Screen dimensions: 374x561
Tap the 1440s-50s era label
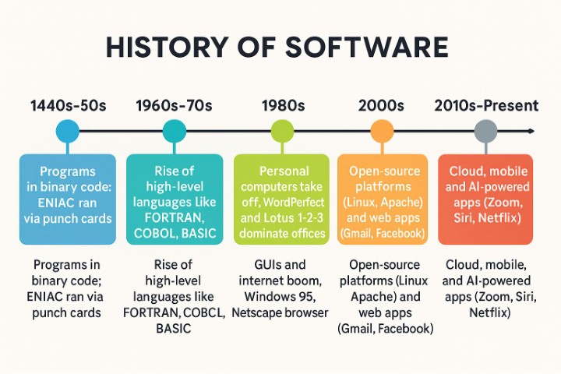(68, 104)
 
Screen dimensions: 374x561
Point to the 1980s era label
(284, 104)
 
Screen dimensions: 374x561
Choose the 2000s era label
(382, 104)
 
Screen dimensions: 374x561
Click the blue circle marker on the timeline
(68, 131)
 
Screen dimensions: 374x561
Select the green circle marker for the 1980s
(282, 131)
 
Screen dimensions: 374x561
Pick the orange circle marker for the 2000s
(382, 131)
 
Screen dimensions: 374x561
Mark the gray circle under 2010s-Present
(485, 131)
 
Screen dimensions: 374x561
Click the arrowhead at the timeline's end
(529, 131)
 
